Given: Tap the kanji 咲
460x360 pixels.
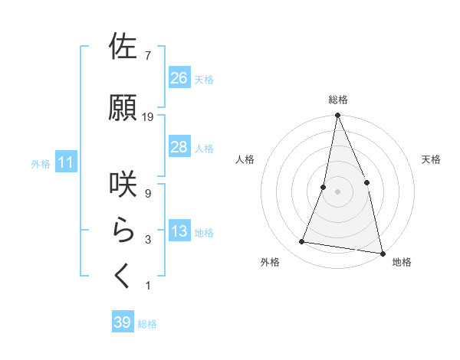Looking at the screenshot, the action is [x=123, y=184].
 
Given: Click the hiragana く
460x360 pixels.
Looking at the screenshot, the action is [x=123, y=276].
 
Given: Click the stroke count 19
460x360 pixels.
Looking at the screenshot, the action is [x=148, y=117].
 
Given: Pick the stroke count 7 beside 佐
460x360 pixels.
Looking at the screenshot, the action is [x=147, y=56].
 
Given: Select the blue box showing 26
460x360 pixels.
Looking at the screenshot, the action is [x=179, y=77].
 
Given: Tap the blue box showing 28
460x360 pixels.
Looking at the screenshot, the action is [x=179, y=147].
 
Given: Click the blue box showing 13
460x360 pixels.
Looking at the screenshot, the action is [x=179, y=231].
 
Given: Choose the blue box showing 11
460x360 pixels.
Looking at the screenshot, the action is [x=66, y=162].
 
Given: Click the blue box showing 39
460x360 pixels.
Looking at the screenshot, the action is [x=123, y=322].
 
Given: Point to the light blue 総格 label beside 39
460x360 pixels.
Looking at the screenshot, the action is [x=147, y=324].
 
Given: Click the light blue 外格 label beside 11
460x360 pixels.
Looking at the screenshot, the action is [x=41, y=163].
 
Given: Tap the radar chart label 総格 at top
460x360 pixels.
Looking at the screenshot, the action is [x=338, y=100].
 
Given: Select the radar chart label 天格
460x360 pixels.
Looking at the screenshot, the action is [x=432, y=159].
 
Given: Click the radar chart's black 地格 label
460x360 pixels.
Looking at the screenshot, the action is [x=402, y=263].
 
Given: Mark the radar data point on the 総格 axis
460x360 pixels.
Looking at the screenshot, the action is [x=337, y=116].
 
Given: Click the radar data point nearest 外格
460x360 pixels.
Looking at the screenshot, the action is [x=302, y=242].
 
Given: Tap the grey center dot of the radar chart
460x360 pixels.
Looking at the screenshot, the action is [x=337, y=191].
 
